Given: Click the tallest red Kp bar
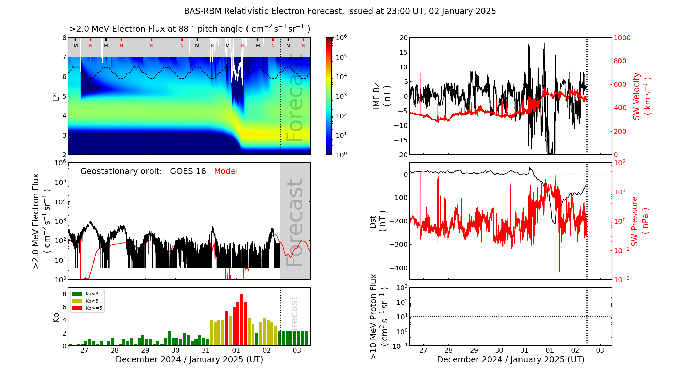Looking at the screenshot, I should pos(241,320).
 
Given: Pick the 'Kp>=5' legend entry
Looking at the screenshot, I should pos(93,308).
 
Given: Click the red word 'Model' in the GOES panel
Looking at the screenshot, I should pos(226,171).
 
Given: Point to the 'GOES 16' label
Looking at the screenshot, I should pos(188,171).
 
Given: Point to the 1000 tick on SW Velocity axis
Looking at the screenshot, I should pos(622,38).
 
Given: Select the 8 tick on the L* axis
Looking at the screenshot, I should pos(64,38).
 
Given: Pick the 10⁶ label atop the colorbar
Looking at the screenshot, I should pos(341,37).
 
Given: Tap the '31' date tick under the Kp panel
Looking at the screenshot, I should pos(205,351).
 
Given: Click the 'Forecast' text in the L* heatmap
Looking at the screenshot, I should pos(294,99).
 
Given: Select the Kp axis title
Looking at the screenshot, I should pos(56,317).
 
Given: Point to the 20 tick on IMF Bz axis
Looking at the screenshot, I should pos(403,38).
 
